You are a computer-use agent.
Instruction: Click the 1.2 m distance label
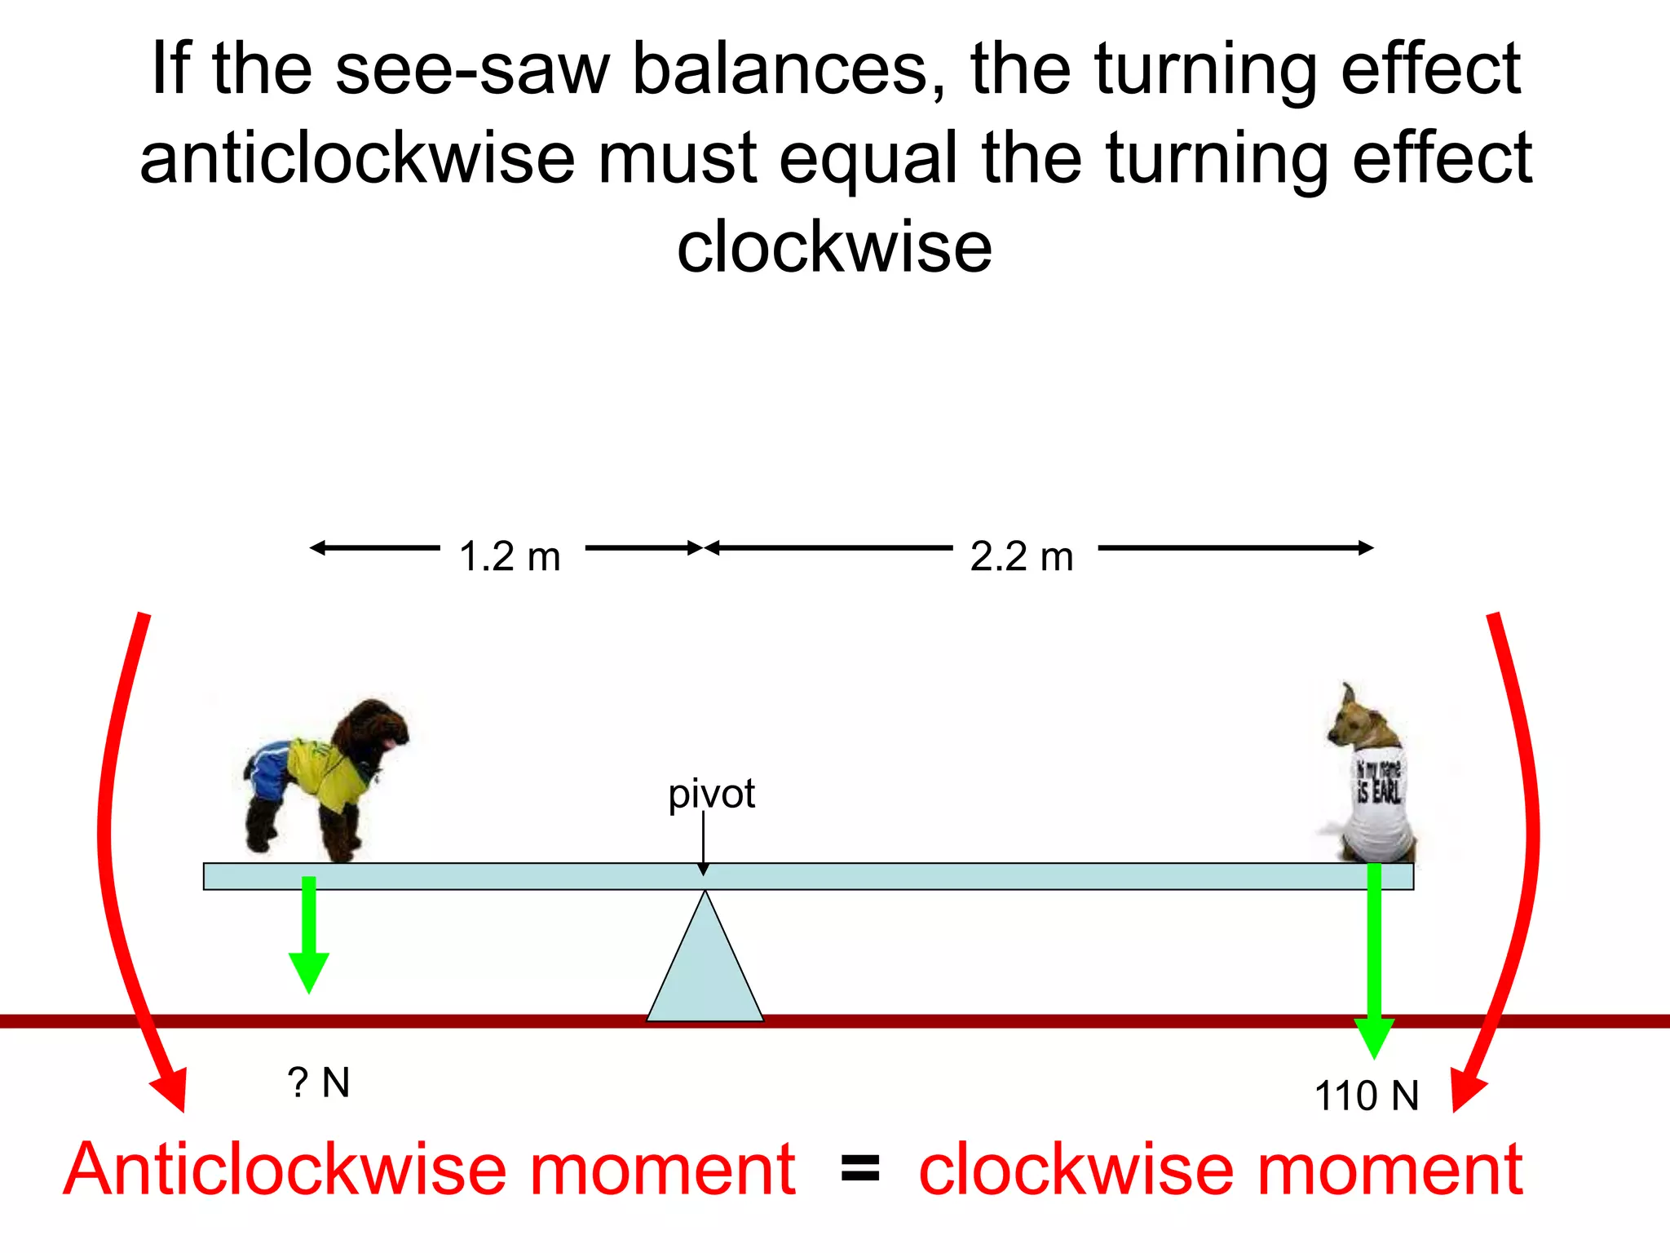click(x=510, y=557)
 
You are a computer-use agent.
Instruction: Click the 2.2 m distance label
click(x=1022, y=557)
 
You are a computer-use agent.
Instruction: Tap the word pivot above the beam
click(x=711, y=794)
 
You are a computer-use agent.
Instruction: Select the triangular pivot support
click(x=705, y=967)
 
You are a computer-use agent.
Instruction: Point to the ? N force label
click(x=319, y=1083)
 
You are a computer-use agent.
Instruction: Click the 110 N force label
click(x=1367, y=1096)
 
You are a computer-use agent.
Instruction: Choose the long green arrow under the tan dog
click(x=1374, y=963)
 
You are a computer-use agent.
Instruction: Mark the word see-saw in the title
click(x=472, y=69)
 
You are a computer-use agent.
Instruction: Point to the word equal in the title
click(x=868, y=158)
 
